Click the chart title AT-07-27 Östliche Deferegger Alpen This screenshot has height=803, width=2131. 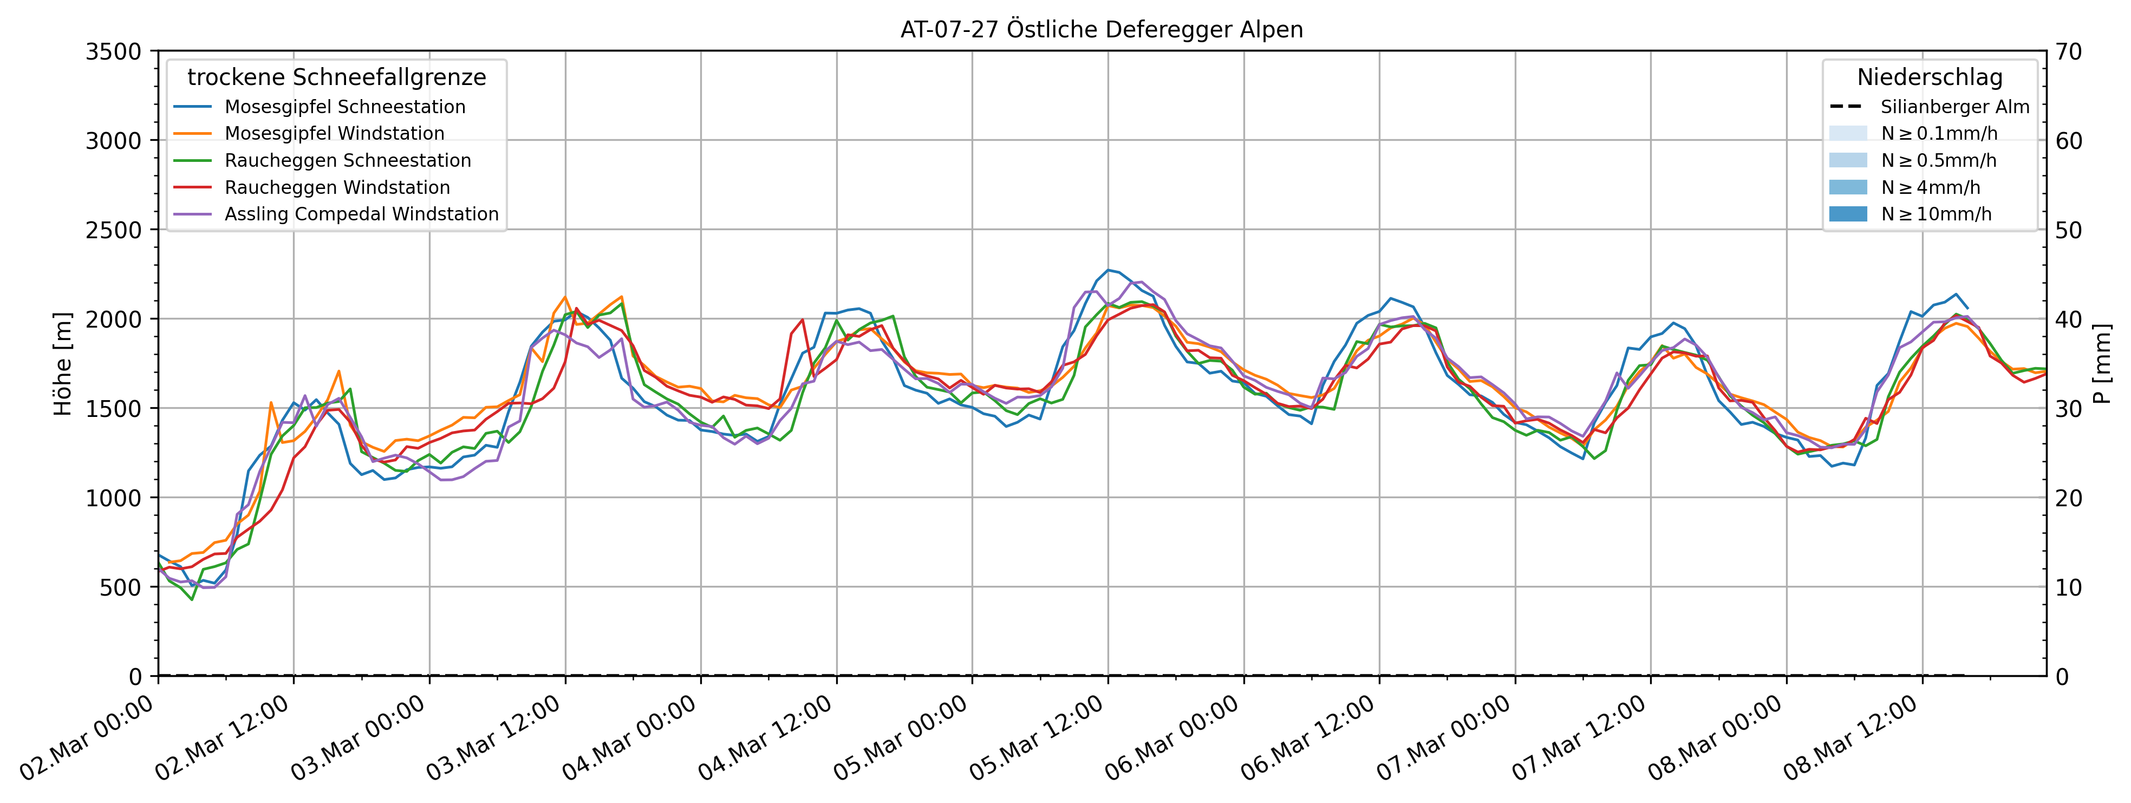click(x=1101, y=30)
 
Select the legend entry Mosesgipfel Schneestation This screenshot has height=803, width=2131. click(x=344, y=107)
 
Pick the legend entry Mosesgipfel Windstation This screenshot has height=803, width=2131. click(x=334, y=133)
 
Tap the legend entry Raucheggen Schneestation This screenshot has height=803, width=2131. click(x=348, y=160)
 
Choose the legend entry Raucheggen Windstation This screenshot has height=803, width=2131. click(x=337, y=188)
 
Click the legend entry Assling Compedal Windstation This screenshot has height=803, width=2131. click(x=362, y=214)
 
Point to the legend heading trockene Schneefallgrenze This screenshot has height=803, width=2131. click(x=337, y=78)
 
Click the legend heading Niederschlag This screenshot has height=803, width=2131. click(x=1929, y=78)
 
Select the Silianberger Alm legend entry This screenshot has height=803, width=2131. click(x=1954, y=107)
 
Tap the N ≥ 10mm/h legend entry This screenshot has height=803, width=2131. click(x=1936, y=214)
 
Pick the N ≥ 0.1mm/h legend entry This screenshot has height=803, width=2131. click(x=1938, y=133)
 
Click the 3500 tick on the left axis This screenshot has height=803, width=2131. click(x=113, y=52)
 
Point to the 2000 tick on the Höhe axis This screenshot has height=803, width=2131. click(x=113, y=319)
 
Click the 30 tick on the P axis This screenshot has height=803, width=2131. click(x=2073, y=408)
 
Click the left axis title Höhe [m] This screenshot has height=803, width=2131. click(x=63, y=364)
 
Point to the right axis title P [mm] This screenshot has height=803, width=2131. click(x=2102, y=364)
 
